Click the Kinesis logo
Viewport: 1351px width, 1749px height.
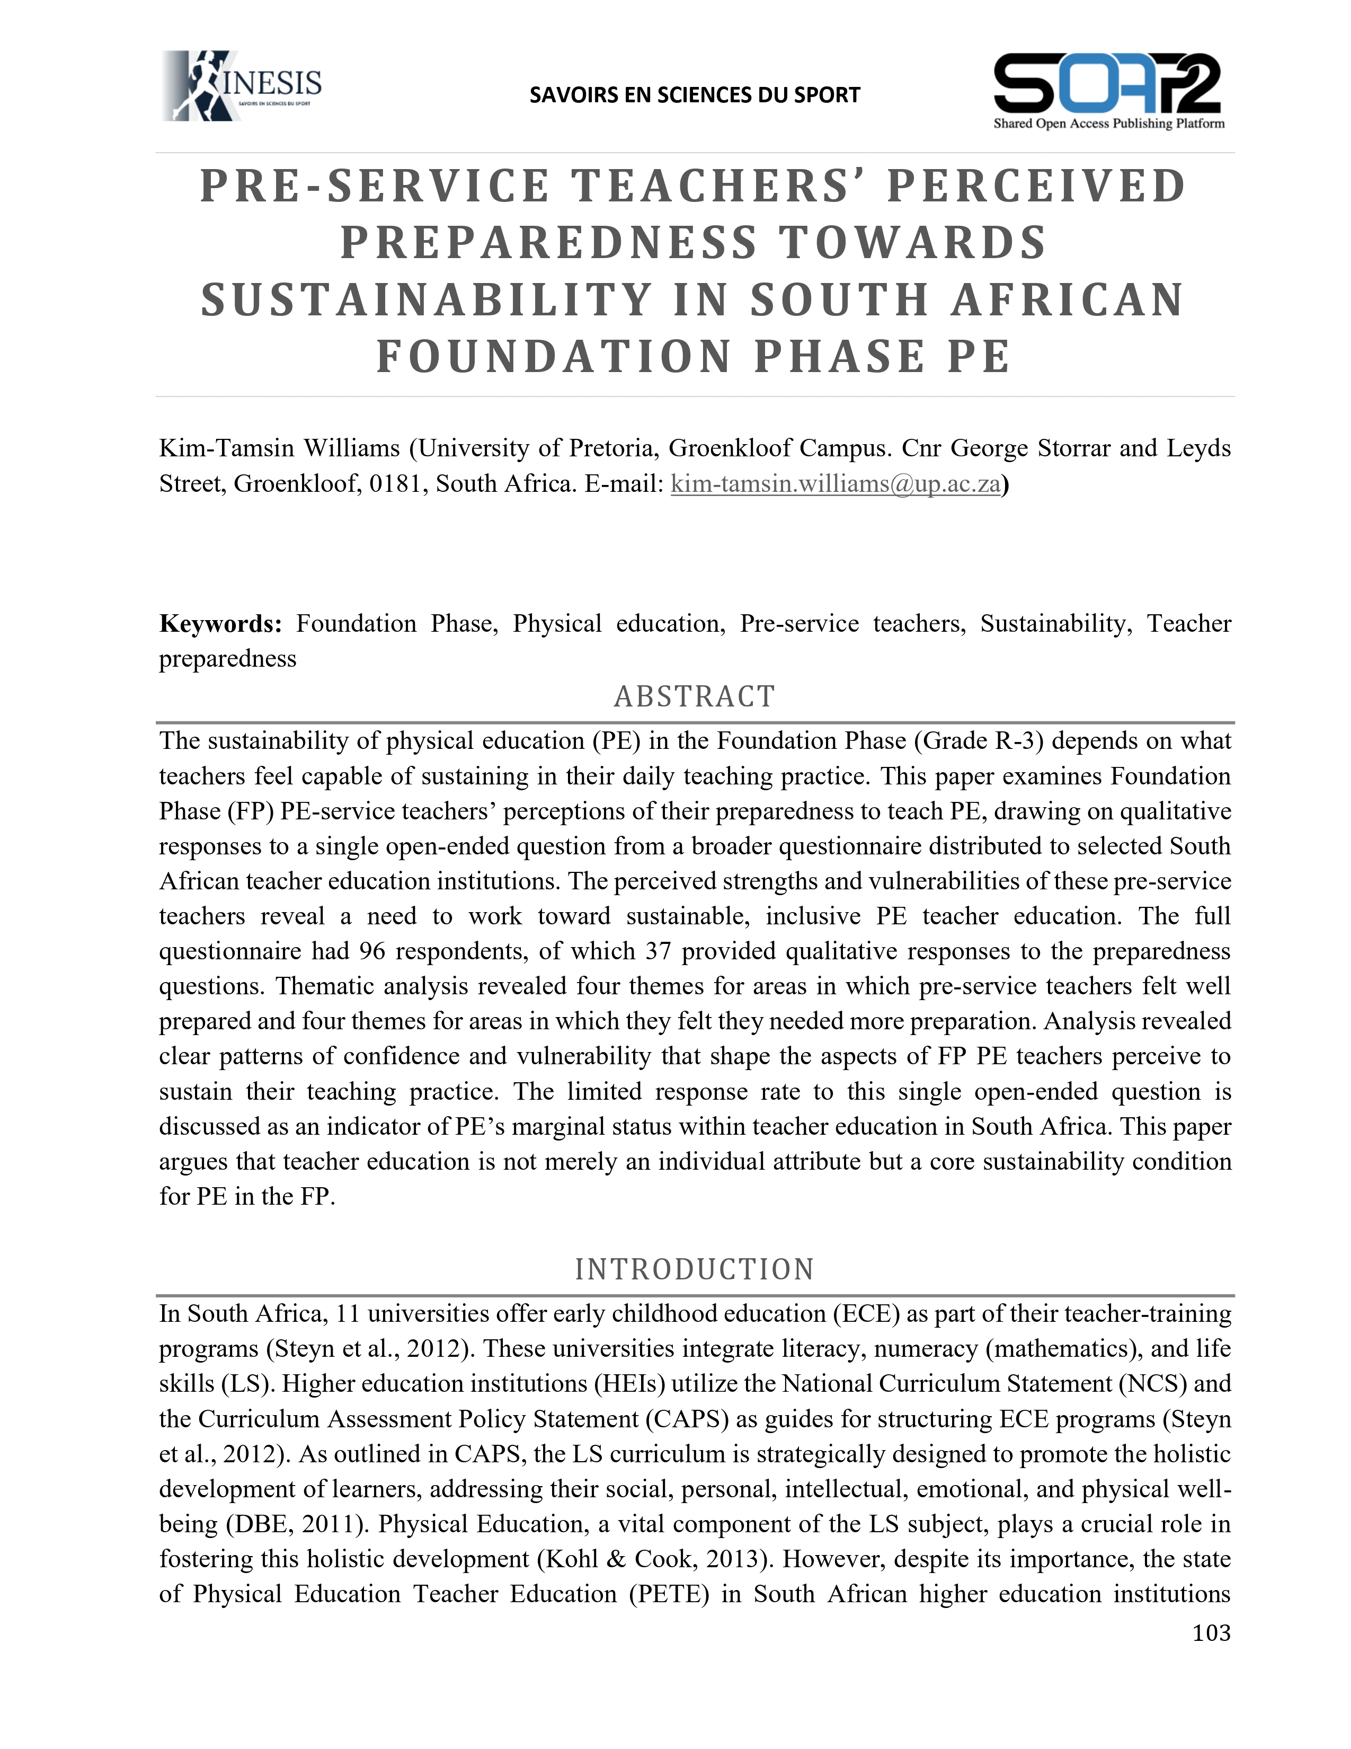[x=242, y=86]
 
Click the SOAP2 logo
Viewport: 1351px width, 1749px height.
[x=1108, y=90]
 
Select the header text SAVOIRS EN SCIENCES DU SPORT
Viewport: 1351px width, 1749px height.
[x=694, y=95]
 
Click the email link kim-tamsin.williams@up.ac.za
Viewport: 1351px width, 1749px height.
[x=835, y=484]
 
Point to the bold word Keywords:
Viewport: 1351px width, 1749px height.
[x=220, y=623]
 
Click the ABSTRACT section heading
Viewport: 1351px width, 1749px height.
[x=694, y=697]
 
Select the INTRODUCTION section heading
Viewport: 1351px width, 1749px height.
[x=694, y=1269]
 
